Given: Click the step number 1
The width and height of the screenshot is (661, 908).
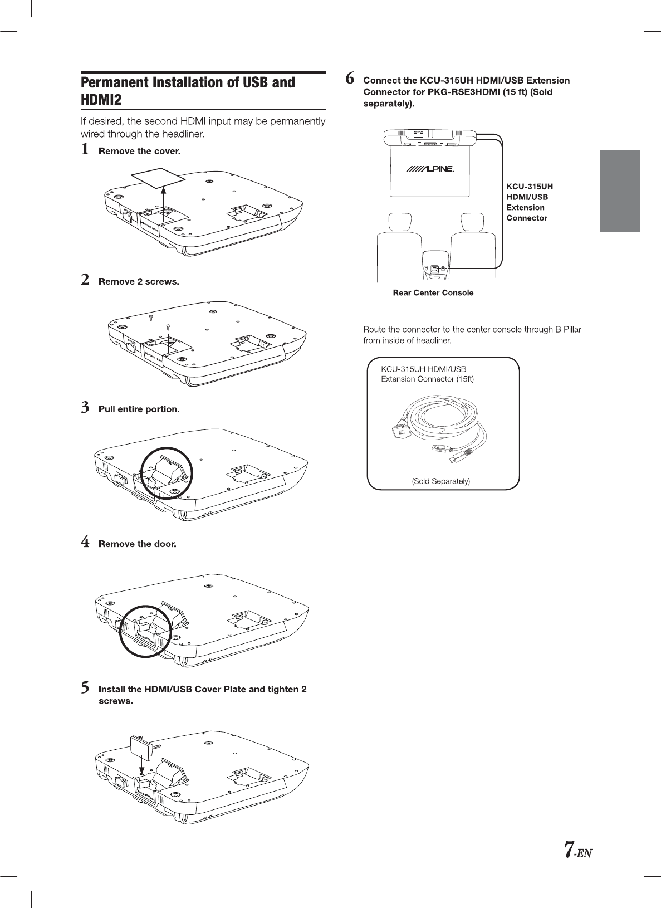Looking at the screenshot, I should coord(85,150).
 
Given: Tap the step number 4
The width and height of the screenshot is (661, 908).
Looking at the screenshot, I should coord(85,542).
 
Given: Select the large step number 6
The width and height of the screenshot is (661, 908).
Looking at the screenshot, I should coord(350,79).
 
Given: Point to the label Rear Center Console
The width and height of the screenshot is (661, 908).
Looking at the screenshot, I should coord(433,293).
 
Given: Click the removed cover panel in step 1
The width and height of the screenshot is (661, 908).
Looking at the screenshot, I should coord(156,178).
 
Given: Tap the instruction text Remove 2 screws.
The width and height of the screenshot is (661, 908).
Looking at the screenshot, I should coord(139,282).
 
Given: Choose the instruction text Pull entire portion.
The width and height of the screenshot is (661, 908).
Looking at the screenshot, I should coord(139,409).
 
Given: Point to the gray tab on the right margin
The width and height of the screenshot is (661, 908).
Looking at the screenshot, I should coord(620,191).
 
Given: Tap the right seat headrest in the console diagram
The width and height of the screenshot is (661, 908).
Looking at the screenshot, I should coord(471,223).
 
